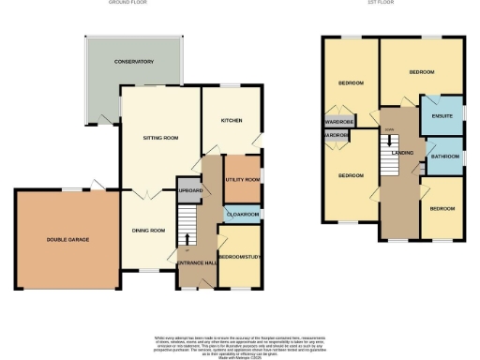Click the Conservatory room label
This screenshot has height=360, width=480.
[x=133, y=62]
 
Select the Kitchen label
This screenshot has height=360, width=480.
[x=232, y=121]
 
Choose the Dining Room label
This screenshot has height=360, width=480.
[x=147, y=231]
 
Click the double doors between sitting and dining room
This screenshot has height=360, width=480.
[x=142, y=195]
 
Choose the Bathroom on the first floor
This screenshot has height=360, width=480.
[x=443, y=157]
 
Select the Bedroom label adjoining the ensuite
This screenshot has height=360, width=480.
[x=422, y=71]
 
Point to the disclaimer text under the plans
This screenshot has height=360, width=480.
[x=240, y=342]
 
